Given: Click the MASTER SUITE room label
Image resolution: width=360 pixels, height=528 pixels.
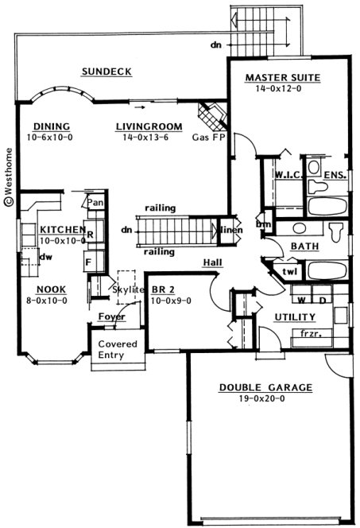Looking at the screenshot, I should point(282,78).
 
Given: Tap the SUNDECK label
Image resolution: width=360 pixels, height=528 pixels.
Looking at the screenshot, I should point(106,72).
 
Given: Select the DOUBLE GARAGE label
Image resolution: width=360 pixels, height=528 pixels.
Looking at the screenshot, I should point(265,388).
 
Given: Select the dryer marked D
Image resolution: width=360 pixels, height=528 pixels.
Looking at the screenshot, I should point(323,301).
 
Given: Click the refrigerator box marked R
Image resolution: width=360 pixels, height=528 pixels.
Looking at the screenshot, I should point(91,235).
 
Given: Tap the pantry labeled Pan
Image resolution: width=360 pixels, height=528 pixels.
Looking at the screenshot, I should point(95,204).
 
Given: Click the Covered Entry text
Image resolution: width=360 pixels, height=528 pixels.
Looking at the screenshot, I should point(118,351).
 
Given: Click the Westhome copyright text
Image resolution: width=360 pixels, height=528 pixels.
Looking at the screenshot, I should point(9,176).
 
